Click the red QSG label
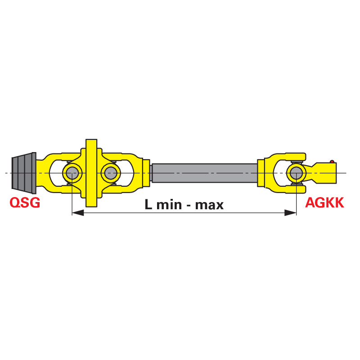(25, 202)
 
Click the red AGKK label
(324, 202)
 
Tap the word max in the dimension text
(209, 205)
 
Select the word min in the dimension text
(169, 204)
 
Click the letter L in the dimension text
(148, 204)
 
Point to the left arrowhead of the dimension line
(78, 212)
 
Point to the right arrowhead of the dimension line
(290, 212)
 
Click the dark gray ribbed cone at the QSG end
(24, 173)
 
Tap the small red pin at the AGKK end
(332, 162)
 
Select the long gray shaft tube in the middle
(204, 173)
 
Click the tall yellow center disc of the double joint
(91, 173)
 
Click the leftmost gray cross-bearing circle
(72, 173)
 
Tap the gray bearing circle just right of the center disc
(110, 173)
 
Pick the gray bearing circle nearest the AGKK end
(296, 173)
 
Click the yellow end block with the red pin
(326, 173)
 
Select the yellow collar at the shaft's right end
(261, 173)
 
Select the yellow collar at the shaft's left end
(147, 173)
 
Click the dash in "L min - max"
(189, 206)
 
